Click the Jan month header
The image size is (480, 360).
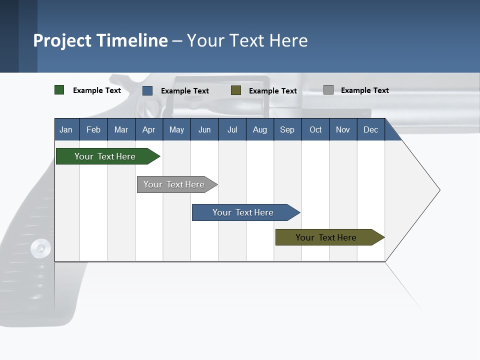click(66, 130)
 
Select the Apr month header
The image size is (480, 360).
click(149, 130)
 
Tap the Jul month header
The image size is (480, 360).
click(232, 130)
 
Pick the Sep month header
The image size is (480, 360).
click(287, 130)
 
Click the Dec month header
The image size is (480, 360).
click(370, 130)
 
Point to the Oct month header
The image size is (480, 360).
click(315, 130)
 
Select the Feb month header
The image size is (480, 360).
click(93, 130)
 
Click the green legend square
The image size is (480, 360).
click(59, 90)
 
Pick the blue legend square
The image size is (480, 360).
click(147, 90)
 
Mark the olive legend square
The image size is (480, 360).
click(236, 90)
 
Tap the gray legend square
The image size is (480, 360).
click(328, 90)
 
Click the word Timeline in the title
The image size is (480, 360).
click(132, 40)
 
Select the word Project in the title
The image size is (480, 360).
click(63, 40)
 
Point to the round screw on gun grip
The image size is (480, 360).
click(40, 248)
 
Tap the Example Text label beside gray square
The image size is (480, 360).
click(364, 90)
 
